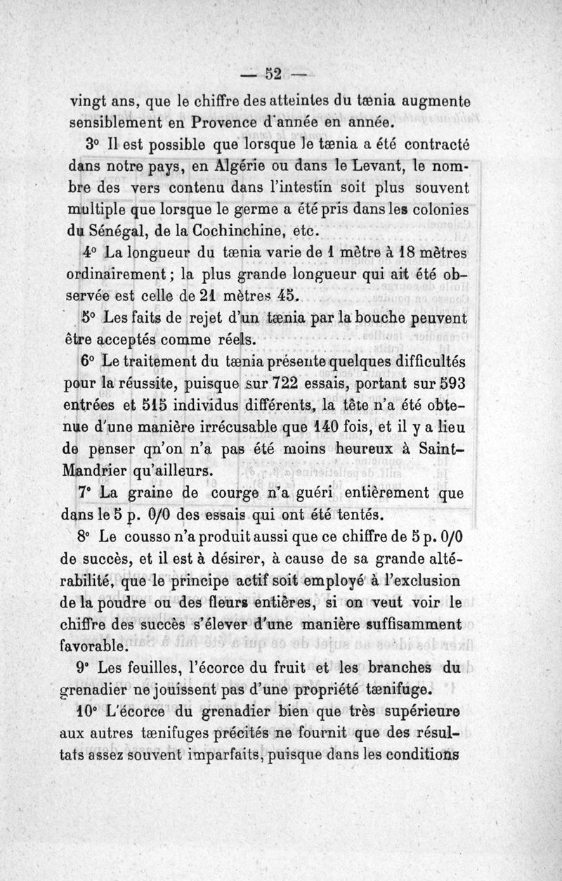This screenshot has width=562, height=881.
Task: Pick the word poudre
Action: (127, 602)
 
